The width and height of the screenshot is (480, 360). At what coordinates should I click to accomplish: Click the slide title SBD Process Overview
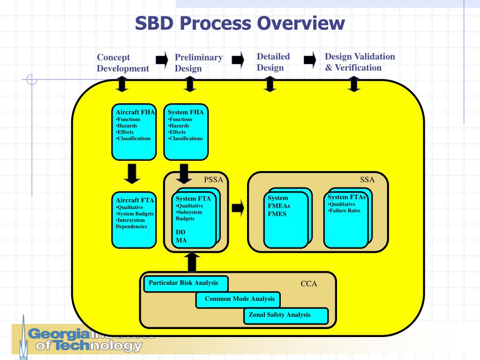240,23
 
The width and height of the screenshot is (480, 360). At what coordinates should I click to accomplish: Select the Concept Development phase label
122,63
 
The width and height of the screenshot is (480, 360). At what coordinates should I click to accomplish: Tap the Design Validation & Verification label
360,62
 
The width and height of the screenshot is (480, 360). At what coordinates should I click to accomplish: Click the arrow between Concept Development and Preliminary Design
162,60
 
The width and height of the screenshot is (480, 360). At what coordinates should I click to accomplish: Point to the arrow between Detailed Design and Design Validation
310,60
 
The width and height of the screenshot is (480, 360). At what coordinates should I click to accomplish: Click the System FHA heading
186,112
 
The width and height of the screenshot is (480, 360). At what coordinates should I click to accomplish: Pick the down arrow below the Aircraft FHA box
134,173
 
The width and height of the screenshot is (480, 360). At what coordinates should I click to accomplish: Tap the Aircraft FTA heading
135,200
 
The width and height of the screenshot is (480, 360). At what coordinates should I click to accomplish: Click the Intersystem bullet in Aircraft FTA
131,220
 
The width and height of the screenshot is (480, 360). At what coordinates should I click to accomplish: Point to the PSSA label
213,180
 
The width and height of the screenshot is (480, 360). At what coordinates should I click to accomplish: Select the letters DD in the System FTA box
180,232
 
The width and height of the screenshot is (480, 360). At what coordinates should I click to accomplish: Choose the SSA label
367,180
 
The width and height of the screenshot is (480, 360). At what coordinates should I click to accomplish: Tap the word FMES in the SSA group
277,214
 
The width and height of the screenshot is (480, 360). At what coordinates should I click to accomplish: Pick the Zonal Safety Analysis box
285,315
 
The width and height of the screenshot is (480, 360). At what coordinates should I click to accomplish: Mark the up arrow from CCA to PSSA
192,262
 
